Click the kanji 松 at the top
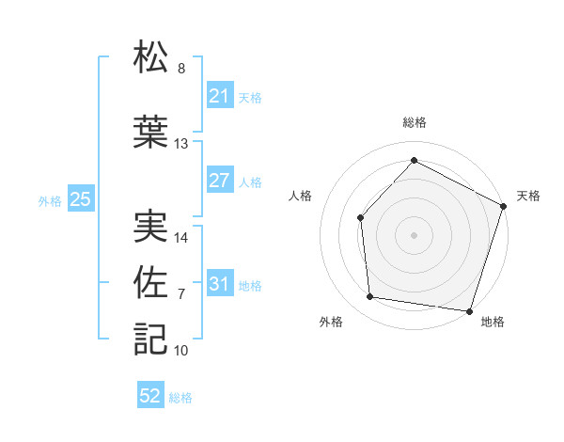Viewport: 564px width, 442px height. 150,56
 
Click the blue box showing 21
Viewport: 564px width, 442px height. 219,96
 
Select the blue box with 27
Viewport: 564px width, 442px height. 219,181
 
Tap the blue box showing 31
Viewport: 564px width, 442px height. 219,284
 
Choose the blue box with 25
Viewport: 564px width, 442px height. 80,199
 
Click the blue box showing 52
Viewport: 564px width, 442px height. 150,396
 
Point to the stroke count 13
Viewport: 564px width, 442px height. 181,144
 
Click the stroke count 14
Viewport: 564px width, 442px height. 181,238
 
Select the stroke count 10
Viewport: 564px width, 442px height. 181,351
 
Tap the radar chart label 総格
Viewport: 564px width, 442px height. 414,122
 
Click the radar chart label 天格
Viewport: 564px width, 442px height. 528,196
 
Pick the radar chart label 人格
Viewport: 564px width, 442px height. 301,196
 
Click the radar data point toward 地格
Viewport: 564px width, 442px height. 470,310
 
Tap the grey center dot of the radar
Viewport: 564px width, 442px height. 414,234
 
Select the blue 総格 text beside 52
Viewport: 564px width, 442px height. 180,398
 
